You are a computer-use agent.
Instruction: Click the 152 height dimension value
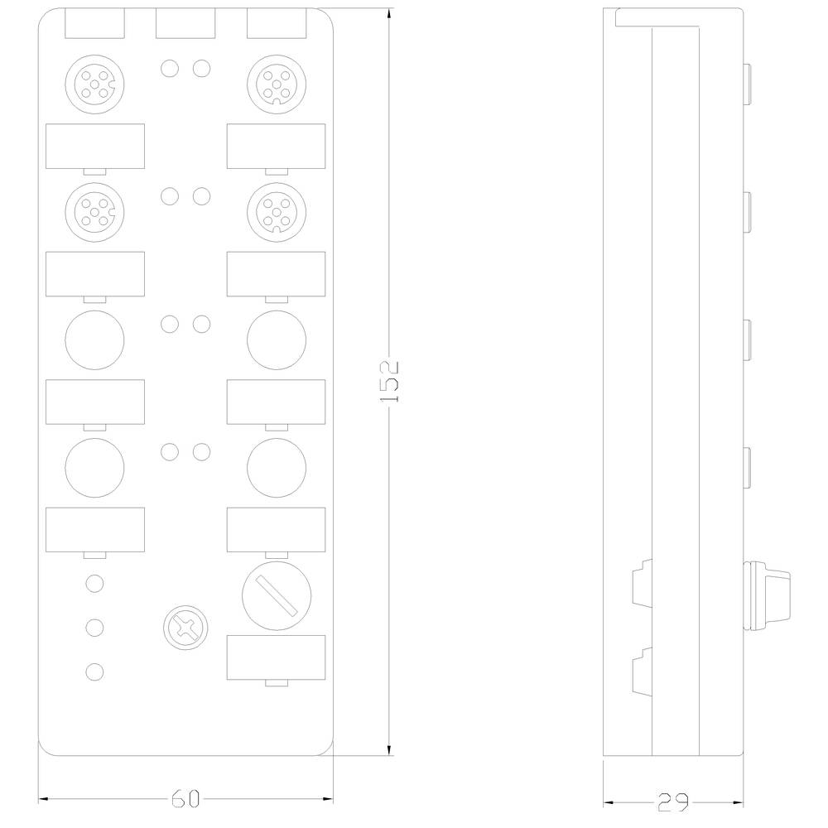(x=389, y=382)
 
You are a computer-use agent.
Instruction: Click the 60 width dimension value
(x=185, y=799)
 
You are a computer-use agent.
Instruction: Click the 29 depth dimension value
(x=673, y=802)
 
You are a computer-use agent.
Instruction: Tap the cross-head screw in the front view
(x=185, y=628)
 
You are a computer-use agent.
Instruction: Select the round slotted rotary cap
(x=277, y=595)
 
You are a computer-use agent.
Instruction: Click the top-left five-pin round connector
(x=95, y=84)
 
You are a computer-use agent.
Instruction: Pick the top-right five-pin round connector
(x=277, y=84)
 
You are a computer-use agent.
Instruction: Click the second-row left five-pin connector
(x=95, y=212)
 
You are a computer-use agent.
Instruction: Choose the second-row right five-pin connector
(x=277, y=212)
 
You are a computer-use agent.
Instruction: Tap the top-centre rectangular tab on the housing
(x=185, y=23)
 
